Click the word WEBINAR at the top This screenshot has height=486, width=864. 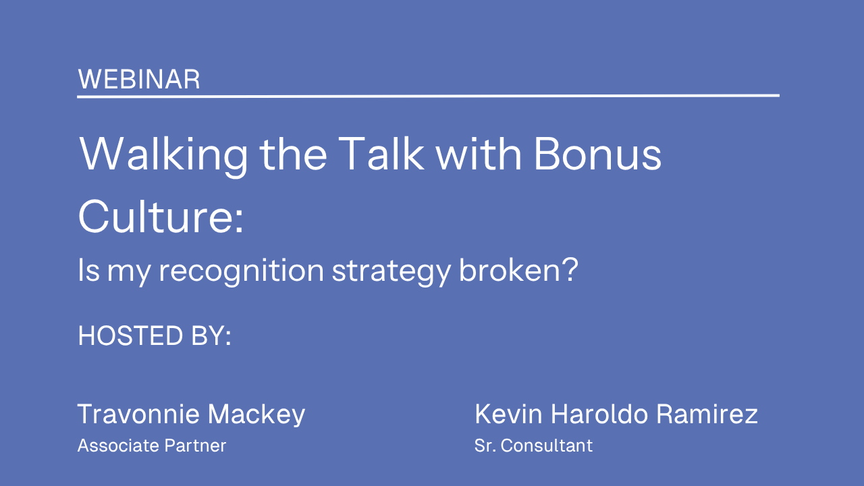(139, 80)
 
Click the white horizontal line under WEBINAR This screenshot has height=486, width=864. (428, 96)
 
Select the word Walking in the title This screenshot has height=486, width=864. (163, 155)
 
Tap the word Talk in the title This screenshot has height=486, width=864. (381, 153)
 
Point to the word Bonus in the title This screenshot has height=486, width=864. (598, 154)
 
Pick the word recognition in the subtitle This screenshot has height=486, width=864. (242, 272)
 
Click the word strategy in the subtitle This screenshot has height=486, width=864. (391, 272)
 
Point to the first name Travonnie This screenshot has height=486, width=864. (139, 414)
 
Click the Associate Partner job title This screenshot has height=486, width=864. (152, 446)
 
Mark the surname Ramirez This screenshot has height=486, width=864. (707, 414)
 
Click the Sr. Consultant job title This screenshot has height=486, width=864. (533, 446)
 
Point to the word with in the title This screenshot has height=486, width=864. (479, 154)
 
